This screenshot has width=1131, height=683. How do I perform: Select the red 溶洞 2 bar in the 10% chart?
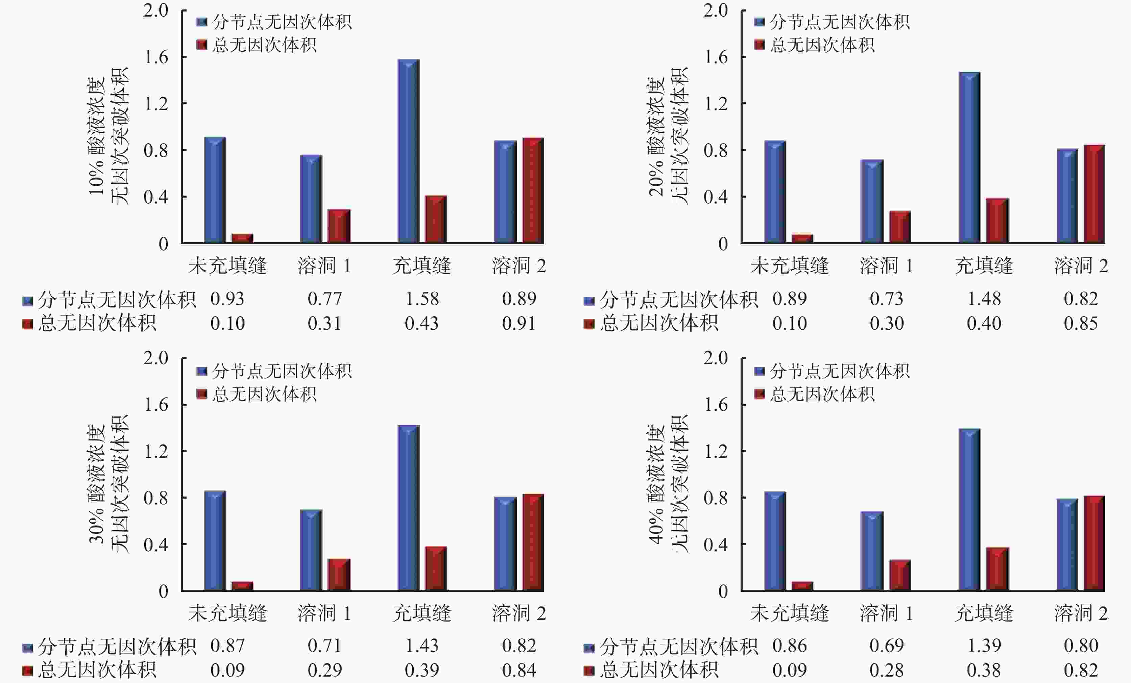(x=533, y=191)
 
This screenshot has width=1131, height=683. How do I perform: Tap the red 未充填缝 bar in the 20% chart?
(x=802, y=238)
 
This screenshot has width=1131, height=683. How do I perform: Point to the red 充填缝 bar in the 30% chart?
(x=436, y=568)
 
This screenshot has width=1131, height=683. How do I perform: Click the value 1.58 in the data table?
(x=422, y=299)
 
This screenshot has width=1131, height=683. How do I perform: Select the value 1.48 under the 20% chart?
(x=984, y=299)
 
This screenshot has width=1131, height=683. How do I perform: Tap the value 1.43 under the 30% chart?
(x=422, y=646)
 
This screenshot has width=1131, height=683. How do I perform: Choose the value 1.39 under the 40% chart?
(x=984, y=646)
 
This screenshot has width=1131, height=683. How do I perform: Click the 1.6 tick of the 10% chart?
(x=156, y=57)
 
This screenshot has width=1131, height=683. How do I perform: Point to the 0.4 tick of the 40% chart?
(x=716, y=545)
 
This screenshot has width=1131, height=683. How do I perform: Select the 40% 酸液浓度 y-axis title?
(x=657, y=484)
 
